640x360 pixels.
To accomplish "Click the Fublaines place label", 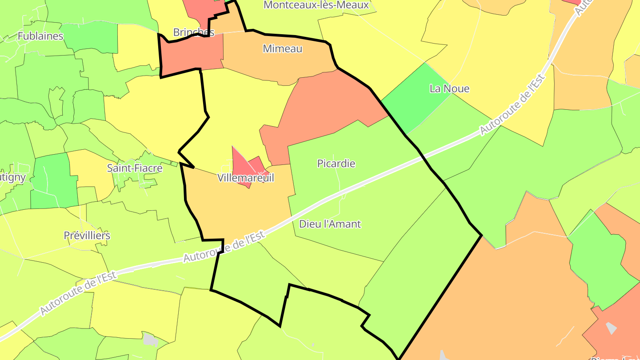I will [40, 36].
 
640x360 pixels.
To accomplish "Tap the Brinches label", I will [194, 32].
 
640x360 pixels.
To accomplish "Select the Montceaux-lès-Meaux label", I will [316, 5].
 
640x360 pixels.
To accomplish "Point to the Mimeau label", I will [283, 49].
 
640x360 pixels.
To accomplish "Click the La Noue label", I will [449, 88].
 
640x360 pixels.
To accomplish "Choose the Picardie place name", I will [336, 164].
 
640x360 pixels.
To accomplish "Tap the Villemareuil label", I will [246, 178].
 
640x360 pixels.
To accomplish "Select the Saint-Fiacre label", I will [135, 168].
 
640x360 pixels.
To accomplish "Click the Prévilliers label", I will [87, 236].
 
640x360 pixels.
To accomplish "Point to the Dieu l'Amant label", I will [330, 224].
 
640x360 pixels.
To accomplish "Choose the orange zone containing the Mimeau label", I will [276, 62].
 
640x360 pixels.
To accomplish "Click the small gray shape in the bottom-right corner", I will [612, 328].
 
